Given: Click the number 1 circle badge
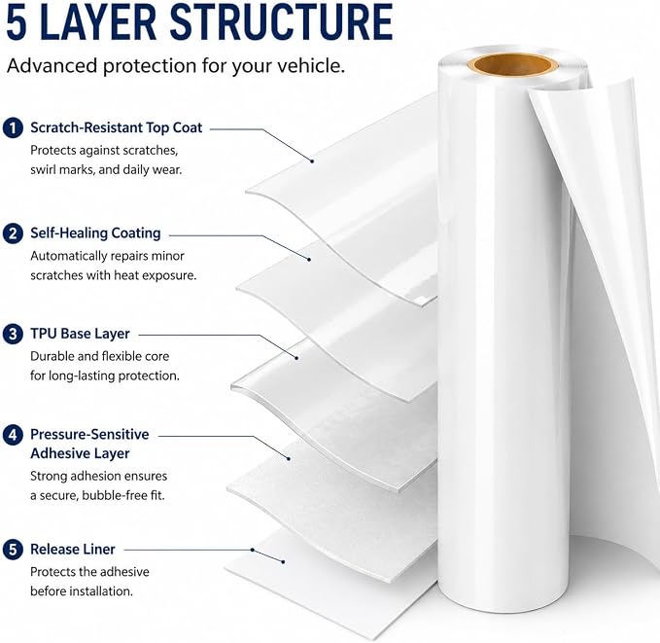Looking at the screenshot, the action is [x=13, y=127].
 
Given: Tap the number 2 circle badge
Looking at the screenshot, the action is [x=13, y=233].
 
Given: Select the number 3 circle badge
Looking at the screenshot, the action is [x=13, y=334].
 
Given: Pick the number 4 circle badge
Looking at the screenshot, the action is [x=13, y=435].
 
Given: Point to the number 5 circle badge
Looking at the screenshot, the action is [x=13, y=550].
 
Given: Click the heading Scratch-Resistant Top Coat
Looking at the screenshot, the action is [x=117, y=127].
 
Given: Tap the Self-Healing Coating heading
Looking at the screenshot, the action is [x=95, y=233].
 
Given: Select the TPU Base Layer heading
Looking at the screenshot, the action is [x=80, y=334].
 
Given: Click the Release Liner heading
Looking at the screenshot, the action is [x=73, y=550].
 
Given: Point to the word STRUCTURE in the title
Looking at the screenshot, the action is [x=281, y=22].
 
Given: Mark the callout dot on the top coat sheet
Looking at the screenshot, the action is [x=312, y=161].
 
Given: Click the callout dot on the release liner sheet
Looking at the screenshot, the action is [x=283, y=561].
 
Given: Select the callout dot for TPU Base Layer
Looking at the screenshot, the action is [x=296, y=358].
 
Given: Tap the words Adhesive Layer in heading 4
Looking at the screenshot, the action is [x=80, y=454].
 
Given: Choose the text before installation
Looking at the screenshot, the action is [x=82, y=591].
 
